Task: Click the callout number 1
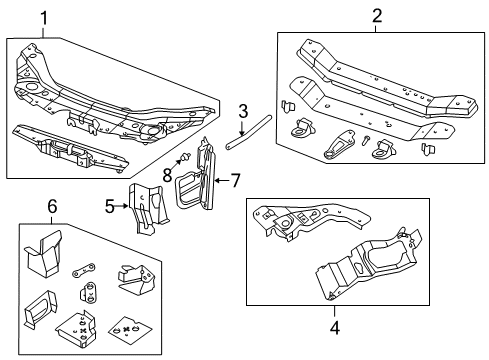point(43,16)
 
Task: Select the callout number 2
point(377,15)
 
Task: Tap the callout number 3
point(242,111)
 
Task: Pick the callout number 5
point(110,207)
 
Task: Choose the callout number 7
point(235,180)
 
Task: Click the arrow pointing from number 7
point(223,180)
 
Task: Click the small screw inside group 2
point(367,142)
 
